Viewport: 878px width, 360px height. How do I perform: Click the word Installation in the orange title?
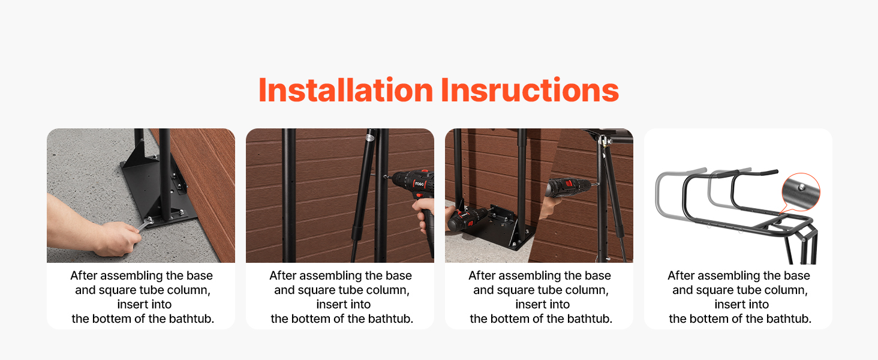point(345,90)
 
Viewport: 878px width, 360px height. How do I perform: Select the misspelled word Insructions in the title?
point(530,90)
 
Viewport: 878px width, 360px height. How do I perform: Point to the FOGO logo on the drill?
point(419,184)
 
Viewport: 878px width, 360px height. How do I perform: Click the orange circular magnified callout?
point(801,192)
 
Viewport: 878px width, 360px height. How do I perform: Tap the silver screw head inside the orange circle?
point(802,187)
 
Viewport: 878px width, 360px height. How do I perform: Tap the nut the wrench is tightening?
point(149,220)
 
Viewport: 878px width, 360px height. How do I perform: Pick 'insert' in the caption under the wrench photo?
point(133,304)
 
